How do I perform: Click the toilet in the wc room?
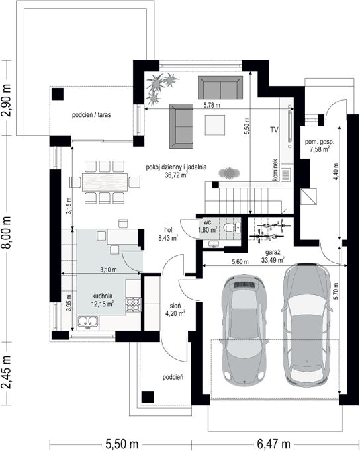point(232,227)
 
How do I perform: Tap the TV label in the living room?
point(274,130)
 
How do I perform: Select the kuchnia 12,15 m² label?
point(103,300)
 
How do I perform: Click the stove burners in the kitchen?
point(133,305)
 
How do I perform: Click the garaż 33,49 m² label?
point(273,257)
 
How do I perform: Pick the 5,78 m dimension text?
point(212,105)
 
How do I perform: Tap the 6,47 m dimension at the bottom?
point(274,444)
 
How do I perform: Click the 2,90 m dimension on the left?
point(7,101)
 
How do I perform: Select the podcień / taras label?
point(91,115)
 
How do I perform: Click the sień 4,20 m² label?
point(175,309)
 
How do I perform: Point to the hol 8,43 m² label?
point(168,234)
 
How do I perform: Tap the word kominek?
point(275,170)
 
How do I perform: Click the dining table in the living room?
point(105,182)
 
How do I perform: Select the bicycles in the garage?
point(270,229)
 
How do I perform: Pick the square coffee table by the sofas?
point(215,124)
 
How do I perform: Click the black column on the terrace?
point(58,94)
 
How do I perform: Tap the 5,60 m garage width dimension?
point(240,262)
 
